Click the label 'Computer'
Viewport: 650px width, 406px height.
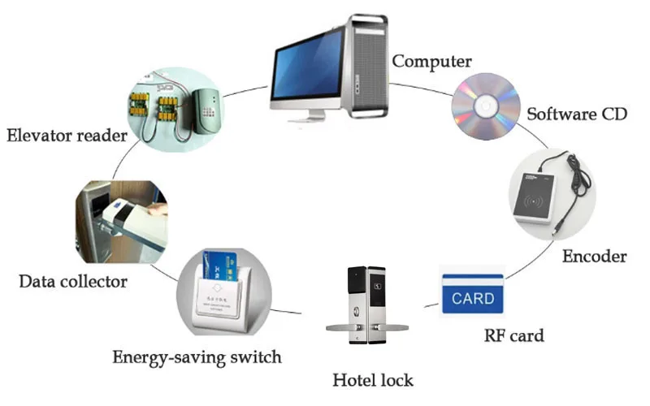431,61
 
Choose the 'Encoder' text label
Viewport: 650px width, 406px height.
594,257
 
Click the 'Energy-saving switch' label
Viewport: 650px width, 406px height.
197,356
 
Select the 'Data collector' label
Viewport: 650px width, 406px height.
73,282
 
